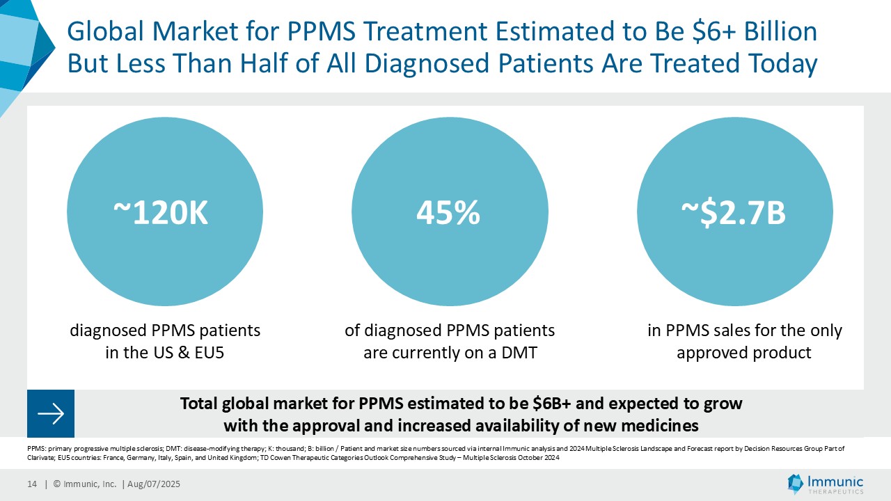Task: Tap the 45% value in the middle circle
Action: [448, 214]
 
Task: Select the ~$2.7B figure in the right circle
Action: [734, 214]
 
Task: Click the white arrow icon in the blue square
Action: [51, 414]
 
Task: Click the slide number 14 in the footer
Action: [32, 484]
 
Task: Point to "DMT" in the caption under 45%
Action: [521, 353]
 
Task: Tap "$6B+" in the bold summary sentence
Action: [557, 404]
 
